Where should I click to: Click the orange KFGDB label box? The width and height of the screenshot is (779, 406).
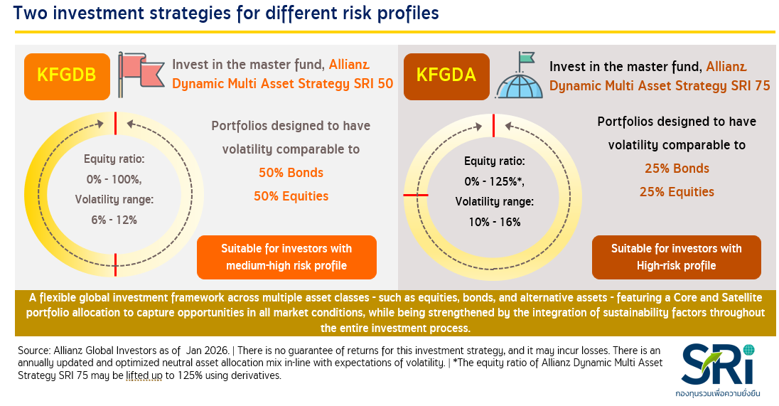tap(67, 77)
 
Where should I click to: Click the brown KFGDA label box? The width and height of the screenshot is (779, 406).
tap(446, 77)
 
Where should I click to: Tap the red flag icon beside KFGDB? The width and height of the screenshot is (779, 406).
tap(141, 74)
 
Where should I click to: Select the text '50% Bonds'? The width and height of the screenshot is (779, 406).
tap(291, 173)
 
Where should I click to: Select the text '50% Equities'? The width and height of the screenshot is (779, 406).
tap(291, 196)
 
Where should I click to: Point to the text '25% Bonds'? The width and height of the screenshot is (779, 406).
tap(677, 169)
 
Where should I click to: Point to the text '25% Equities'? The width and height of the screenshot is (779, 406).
tap(677, 192)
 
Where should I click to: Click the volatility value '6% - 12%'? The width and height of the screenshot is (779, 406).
tap(114, 220)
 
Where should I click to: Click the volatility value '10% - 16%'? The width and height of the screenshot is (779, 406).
tap(495, 222)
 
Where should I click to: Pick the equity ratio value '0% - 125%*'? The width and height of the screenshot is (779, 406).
tap(494, 182)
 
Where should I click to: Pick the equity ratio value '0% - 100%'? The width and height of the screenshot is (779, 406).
tap(114, 179)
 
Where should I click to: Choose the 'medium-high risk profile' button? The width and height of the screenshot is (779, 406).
tap(286, 257)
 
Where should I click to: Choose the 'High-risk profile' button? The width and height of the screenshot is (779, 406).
tap(677, 257)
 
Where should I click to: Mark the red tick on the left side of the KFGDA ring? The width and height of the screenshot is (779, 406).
tap(416, 196)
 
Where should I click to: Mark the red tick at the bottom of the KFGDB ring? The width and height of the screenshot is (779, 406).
tap(115, 265)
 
